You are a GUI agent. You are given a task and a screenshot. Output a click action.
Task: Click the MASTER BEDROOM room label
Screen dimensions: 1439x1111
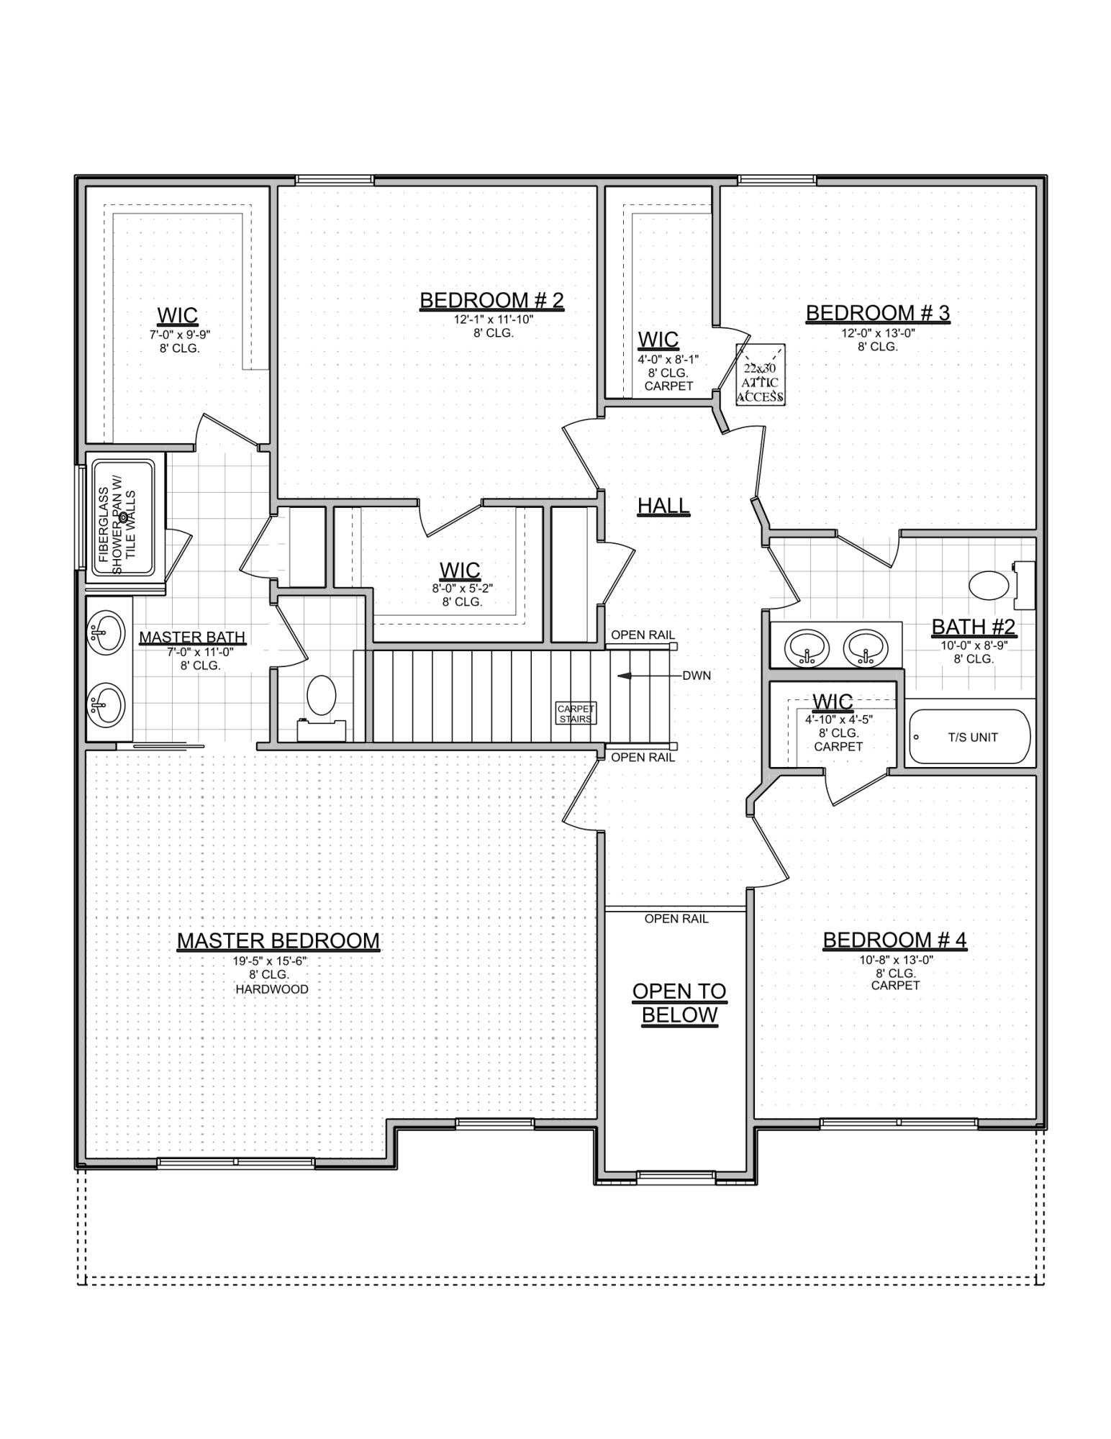click(x=278, y=940)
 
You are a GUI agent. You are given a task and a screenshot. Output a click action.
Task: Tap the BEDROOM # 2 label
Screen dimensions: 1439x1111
click(x=491, y=300)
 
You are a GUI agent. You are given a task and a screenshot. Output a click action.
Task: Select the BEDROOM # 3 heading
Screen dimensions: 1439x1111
click(x=877, y=313)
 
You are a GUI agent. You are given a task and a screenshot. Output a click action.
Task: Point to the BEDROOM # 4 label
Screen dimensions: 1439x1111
click(x=894, y=940)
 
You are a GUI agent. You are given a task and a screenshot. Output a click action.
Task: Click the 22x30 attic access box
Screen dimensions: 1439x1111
click(x=760, y=375)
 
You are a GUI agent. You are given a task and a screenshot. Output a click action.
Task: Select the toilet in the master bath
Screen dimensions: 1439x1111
click(x=322, y=696)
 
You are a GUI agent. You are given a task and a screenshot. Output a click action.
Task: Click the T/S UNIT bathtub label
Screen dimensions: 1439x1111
click(x=972, y=737)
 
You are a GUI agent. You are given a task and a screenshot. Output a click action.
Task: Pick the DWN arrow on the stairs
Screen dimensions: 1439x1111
click(x=633, y=676)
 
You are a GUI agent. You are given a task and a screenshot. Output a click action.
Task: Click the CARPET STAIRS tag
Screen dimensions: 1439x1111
click(x=576, y=714)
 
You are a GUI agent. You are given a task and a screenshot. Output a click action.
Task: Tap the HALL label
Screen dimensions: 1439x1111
click(x=663, y=506)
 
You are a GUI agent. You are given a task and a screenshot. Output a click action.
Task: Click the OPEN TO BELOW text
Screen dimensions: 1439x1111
click(x=679, y=1003)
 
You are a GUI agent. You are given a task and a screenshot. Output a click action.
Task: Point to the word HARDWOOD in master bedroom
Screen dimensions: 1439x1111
click(x=272, y=989)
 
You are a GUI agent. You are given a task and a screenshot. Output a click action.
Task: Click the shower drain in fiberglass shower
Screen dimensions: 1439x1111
click(x=123, y=517)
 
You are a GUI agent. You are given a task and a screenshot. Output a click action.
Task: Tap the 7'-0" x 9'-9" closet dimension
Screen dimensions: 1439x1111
click(x=179, y=335)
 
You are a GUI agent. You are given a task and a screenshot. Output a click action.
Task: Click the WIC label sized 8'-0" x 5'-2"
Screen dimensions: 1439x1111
click(x=460, y=571)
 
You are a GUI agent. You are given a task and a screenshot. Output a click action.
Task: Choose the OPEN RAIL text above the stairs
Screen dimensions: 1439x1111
click(x=643, y=635)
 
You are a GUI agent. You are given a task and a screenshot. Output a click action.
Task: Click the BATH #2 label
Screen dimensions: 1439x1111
click(x=973, y=627)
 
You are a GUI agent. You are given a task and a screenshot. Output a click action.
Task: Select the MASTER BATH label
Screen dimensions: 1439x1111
click(x=192, y=637)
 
